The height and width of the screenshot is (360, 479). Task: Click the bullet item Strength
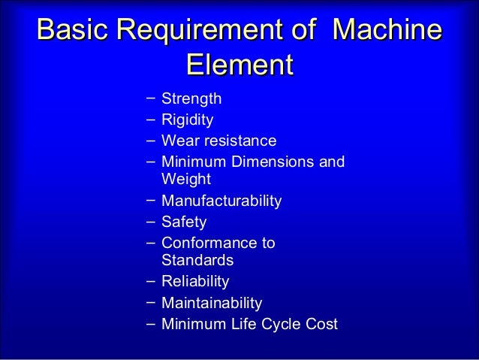pos(191,99)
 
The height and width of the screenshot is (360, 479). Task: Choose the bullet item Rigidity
pos(188,119)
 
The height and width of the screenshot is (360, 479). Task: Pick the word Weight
pos(186,180)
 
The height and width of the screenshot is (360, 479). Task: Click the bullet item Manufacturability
pos(221,201)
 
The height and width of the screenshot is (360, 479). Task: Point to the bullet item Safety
pos(184,222)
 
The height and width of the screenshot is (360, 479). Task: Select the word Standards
pos(197,261)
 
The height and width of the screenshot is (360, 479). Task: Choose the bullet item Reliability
pos(195,282)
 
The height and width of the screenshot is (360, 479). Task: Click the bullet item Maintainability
pos(212,304)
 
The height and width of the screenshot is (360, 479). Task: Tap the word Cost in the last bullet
pos(323,325)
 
